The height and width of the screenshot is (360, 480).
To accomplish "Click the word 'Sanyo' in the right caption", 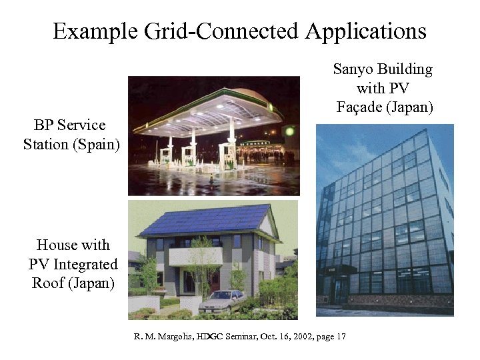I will coord(353,69).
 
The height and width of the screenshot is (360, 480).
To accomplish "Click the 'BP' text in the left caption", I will coord(44,125).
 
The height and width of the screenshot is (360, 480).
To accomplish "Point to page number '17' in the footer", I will coord(341,336).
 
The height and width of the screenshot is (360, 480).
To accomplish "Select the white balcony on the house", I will coord(194,256).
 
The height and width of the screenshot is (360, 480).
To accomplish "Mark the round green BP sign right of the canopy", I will coord(291,131).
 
